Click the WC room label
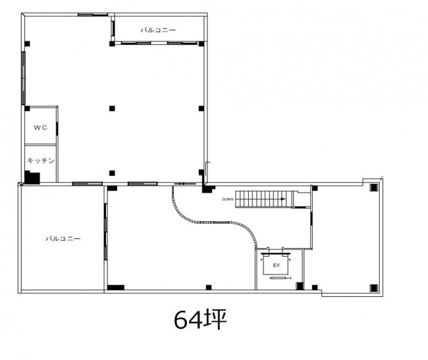pos(40,128)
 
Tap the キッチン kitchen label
pos(41,161)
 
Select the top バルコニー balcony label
pos(158,30)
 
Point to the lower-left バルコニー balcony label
pos(63,239)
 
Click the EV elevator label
pos(277,265)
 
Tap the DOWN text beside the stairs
pos(228,199)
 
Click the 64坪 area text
pos(200,319)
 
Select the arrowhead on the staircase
pos(283,199)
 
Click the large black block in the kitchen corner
pos(32,177)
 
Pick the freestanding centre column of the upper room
pos(112,109)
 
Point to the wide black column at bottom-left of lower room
pos(116,288)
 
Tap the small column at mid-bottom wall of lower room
pos(209,288)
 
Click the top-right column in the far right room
pos(374,188)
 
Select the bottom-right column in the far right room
pos(374,288)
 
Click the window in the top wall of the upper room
pos(93,14)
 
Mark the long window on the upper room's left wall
pos(23,78)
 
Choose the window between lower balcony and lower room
pos(105,232)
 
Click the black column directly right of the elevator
pos(300,286)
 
